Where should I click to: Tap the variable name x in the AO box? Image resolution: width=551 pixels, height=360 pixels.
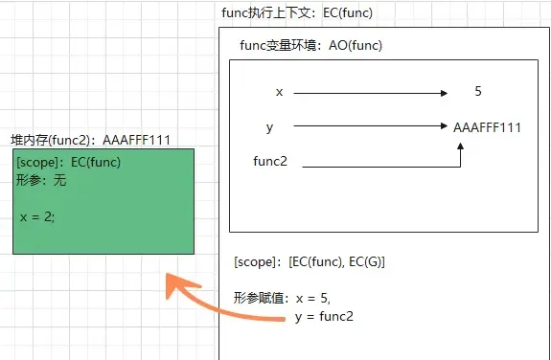point(279,93)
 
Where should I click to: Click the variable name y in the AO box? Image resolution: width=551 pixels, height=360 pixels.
point(270,126)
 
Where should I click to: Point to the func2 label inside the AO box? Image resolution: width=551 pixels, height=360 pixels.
point(270,161)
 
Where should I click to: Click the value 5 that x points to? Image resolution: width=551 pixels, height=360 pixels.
point(478,93)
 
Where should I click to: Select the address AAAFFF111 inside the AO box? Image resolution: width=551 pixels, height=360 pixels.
point(487,126)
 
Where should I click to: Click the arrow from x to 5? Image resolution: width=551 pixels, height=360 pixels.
point(369,93)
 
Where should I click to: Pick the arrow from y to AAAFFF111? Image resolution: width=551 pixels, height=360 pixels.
point(369,125)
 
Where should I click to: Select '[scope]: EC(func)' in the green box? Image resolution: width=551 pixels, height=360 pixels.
point(68,162)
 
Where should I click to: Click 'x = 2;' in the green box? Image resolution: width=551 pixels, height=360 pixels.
point(38,217)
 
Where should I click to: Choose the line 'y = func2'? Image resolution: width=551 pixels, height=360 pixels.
point(325,316)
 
